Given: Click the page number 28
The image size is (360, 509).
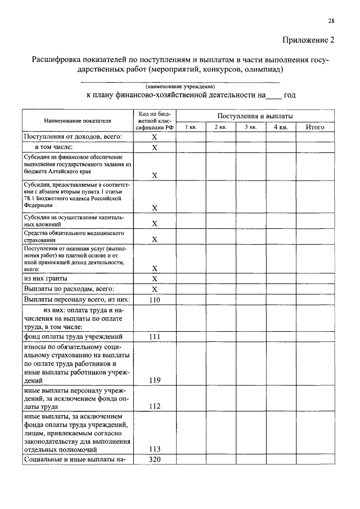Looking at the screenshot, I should click(331, 21).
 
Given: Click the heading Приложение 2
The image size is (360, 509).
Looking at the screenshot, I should click(308, 40).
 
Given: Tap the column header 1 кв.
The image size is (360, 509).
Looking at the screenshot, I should click(191, 128).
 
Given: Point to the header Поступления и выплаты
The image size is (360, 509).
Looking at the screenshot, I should click(255, 115).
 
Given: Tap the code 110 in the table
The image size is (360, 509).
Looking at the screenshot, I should click(155, 300).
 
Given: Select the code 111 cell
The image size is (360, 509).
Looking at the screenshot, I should click(155, 336).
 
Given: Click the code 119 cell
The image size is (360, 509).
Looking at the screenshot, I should click(155, 380).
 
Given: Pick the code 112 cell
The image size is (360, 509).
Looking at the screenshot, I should click(155, 406).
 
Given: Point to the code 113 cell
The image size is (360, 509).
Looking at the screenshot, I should click(155, 449).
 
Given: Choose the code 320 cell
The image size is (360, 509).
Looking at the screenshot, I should click(155, 460).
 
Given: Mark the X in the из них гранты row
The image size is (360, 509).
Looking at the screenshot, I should click(155, 278).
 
